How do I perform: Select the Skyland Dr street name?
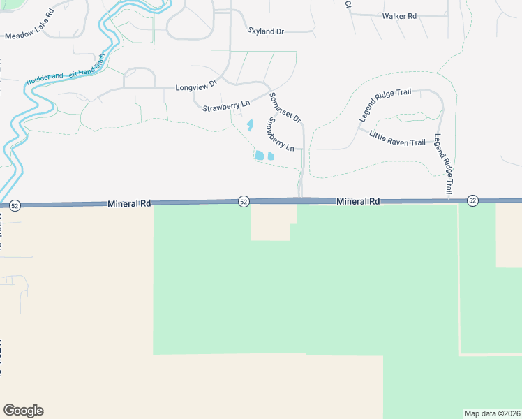coord(267,31)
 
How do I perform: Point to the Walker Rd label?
coord(399,15)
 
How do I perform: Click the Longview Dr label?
coord(197,87)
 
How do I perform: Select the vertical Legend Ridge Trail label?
coord(443,164)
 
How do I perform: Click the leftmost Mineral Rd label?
coord(129,203)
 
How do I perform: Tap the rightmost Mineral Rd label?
coord(358,201)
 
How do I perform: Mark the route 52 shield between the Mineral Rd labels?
coord(243,201)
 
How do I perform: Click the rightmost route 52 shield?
coord(472,200)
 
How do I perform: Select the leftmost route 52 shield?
coord(15,205)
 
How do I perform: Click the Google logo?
coord(23,411)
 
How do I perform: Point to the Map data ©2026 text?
coord(491,413)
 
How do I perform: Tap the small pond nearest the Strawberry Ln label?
coord(250,125)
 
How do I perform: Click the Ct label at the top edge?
coord(348,4)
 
